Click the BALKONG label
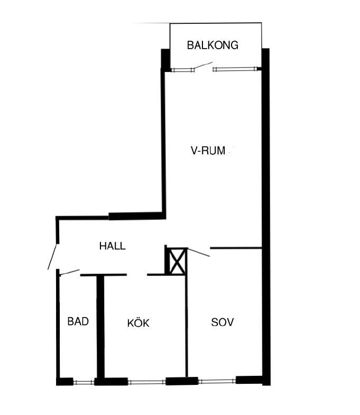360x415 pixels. (213, 45)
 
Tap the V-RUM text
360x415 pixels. (208, 151)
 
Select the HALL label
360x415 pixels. (113, 246)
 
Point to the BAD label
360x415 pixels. (78, 321)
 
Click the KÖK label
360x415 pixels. (138, 323)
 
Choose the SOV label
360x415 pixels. (223, 322)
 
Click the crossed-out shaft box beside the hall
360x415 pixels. (177, 262)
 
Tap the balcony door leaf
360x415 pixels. (203, 66)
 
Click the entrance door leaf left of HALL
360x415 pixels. (52, 256)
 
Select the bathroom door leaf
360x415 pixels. (69, 272)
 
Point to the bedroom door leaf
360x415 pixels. (199, 253)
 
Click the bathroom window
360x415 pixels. (84, 382)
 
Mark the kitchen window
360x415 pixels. (147, 382)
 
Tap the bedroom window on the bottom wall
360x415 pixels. (217, 381)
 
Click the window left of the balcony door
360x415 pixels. (183, 70)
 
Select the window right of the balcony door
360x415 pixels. (235, 69)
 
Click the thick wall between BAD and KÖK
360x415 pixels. (100, 327)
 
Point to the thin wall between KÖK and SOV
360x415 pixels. (187, 326)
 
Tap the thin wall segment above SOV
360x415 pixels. (236, 248)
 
